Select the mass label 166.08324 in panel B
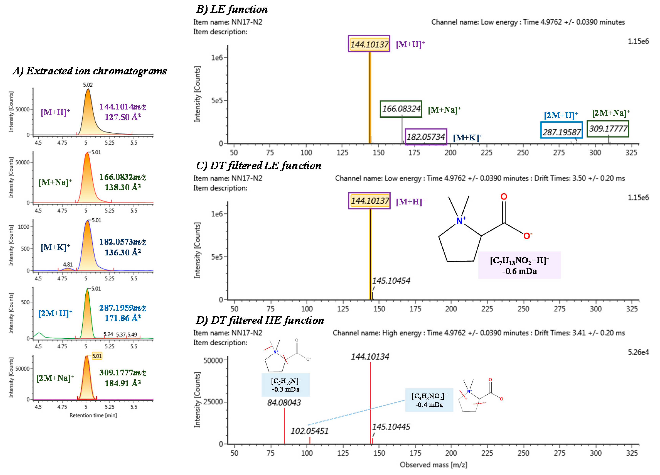(x=401, y=109)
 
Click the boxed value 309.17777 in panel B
(x=608, y=129)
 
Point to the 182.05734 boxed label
(x=426, y=137)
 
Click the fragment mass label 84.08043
(x=284, y=402)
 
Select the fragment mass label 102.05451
(x=309, y=431)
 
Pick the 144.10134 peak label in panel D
(x=370, y=356)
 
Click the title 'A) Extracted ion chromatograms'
(x=90, y=71)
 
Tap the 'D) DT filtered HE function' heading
(x=260, y=320)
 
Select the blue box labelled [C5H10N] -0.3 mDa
(x=285, y=385)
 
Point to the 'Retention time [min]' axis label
(x=93, y=415)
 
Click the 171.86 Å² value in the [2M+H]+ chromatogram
(x=123, y=318)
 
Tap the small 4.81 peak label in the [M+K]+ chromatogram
(x=68, y=264)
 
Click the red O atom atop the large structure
(x=504, y=197)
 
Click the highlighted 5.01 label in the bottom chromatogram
(x=97, y=356)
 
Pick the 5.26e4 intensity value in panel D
(x=638, y=352)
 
